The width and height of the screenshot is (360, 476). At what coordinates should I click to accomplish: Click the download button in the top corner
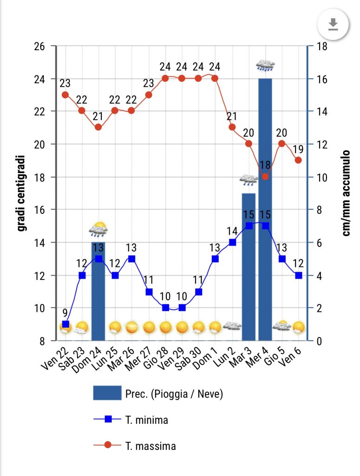(333, 24)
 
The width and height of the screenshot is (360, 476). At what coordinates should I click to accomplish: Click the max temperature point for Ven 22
(65, 95)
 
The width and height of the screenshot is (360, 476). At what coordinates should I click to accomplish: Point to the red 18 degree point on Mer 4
(265, 177)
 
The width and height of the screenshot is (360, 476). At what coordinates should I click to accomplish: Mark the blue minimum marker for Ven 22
(65, 324)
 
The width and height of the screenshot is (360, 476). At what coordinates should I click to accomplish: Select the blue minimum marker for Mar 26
(131, 258)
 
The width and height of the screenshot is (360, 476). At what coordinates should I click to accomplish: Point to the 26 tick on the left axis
(39, 46)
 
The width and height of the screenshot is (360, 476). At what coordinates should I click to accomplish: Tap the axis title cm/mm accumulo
(347, 193)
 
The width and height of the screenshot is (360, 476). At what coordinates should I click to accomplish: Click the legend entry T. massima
(151, 446)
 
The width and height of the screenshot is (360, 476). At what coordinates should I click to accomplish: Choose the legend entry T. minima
(146, 420)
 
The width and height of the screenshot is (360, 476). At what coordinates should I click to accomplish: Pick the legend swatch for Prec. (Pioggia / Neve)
(107, 393)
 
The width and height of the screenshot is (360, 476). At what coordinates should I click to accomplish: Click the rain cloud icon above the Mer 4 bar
(265, 66)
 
